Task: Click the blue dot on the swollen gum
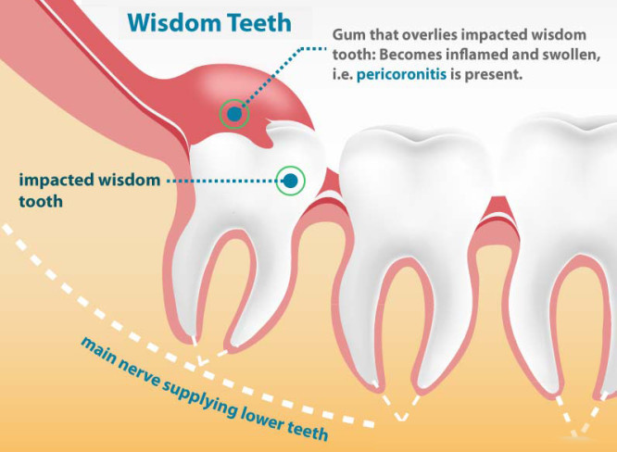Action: click(235, 114)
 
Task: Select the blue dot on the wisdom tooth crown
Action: click(291, 179)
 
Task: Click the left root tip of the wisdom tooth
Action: click(193, 334)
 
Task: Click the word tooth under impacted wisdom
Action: click(40, 200)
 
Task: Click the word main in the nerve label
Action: click(98, 347)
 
